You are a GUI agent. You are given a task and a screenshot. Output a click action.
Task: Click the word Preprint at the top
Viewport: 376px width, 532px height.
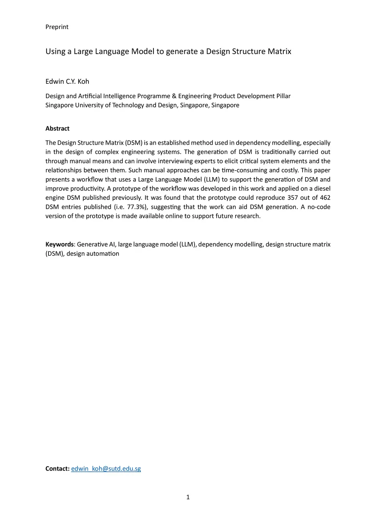57,27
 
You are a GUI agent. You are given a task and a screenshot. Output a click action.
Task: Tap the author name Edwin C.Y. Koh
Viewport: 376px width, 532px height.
67,82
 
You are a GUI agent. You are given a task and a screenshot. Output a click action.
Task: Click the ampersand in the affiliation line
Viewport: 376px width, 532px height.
174,96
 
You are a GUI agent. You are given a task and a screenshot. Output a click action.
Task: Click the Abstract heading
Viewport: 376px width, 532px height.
57,129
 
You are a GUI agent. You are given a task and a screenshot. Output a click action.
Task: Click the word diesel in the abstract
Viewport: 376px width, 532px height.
322,189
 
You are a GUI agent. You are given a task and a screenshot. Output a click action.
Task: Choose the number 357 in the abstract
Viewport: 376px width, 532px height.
293,198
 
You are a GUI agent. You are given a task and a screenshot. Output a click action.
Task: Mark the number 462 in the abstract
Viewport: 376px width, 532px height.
325,198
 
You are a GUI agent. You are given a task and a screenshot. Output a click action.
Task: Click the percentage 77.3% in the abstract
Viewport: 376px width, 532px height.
137,207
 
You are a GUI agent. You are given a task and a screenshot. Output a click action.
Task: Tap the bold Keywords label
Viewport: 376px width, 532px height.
59,245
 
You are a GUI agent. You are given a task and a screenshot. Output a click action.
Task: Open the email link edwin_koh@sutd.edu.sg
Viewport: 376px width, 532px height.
106,469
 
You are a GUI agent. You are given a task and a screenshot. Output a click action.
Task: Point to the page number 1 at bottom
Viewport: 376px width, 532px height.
188,497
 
